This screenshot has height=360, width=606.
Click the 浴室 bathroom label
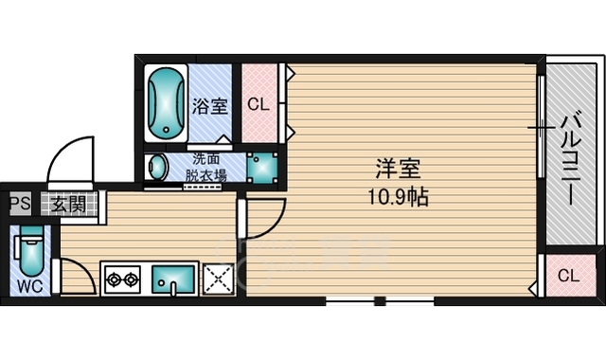point(210,106)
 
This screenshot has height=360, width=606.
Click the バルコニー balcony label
point(571,155)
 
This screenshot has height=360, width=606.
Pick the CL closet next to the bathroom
point(258,102)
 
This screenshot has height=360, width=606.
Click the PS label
point(19,202)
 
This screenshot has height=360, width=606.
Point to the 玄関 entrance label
point(66,202)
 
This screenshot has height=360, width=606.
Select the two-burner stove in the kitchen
point(121,279)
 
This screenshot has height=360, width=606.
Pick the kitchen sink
point(173,280)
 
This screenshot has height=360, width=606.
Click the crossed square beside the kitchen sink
point(219,279)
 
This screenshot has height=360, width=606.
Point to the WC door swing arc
point(76,275)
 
